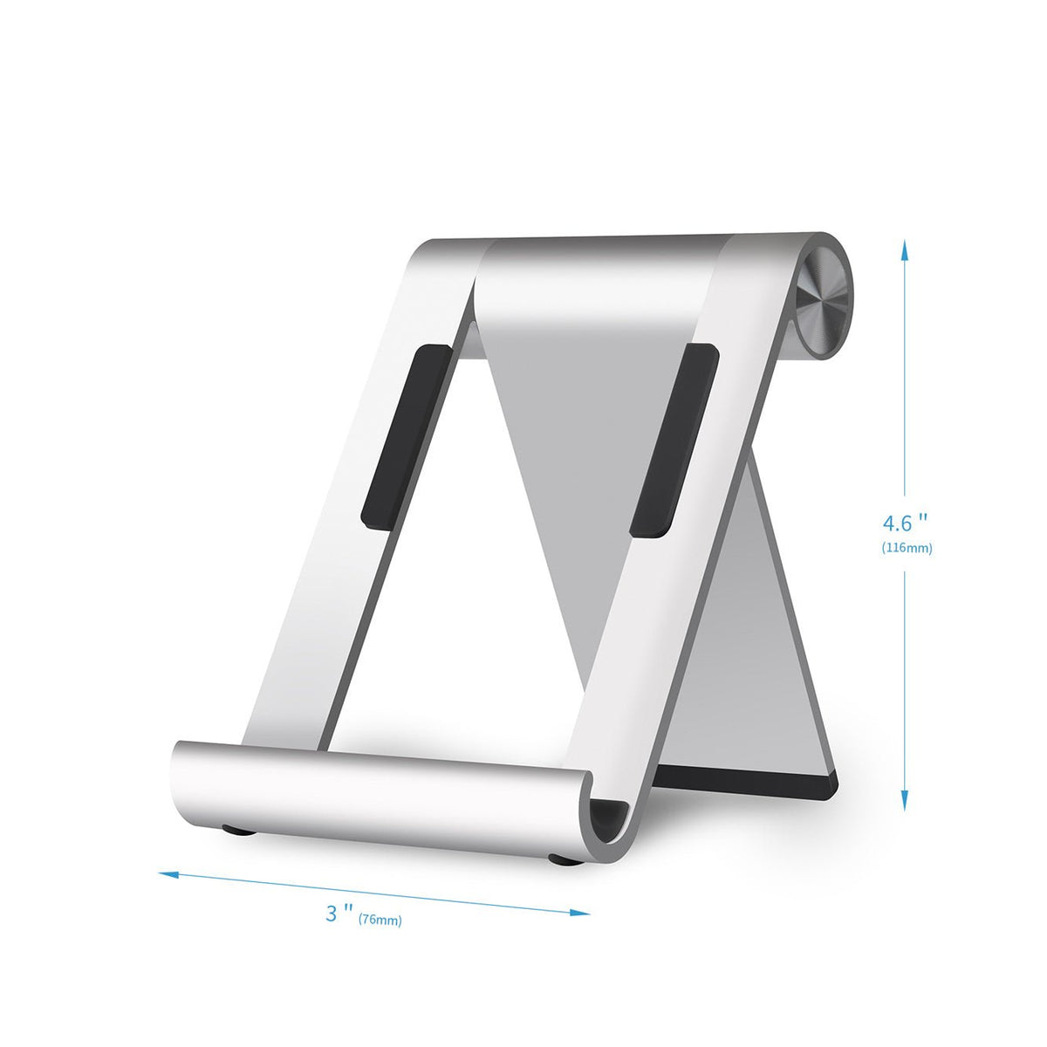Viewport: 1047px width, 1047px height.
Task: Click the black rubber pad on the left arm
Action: coord(407,437)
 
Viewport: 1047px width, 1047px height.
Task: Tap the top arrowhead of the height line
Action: coord(905,248)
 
